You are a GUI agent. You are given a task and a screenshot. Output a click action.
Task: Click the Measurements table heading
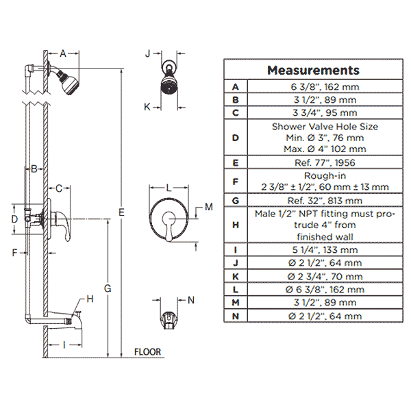[x=313, y=71]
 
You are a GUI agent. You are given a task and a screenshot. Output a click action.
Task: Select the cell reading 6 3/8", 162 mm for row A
[x=325, y=86]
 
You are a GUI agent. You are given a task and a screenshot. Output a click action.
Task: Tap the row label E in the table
[x=236, y=163]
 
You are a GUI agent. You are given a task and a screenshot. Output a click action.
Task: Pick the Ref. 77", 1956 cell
[x=325, y=162]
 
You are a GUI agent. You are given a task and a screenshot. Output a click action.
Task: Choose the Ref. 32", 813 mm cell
[x=325, y=201]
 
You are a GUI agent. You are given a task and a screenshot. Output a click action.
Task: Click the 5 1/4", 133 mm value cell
[x=325, y=249]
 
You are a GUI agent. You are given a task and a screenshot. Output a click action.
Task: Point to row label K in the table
[x=236, y=276]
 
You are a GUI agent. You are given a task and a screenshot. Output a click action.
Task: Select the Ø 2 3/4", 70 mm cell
[x=325, y=276]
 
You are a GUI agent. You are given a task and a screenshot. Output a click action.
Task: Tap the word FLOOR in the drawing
[x=147, y=352]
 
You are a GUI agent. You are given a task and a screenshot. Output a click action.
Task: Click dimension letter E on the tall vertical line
[x=121, y=212]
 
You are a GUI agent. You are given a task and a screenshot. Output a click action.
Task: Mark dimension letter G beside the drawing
[x=108, y=288]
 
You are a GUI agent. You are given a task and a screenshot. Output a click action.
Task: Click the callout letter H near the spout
[x=90, y=299]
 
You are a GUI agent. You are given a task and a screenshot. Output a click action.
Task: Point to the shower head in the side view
[x=68, y=82]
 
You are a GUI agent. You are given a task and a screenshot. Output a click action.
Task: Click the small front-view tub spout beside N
[x=169, y=320]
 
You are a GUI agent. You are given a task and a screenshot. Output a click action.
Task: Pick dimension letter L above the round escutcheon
[x=169, y=188]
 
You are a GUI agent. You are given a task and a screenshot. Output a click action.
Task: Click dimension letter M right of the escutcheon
[x=209, y=207]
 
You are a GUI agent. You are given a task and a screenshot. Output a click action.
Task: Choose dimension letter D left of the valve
[x=14, y=219]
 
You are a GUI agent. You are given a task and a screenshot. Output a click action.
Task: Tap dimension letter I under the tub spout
[x=64, y=345]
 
